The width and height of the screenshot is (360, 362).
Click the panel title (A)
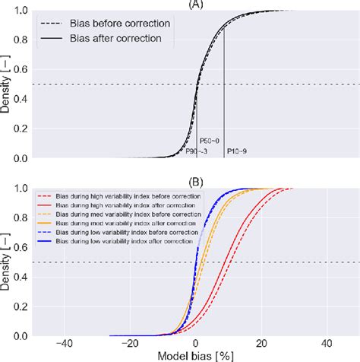(197, 4)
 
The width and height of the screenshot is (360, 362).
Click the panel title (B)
(197, 181)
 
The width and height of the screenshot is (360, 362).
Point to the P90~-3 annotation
(197, 152)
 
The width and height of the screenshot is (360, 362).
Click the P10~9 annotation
(236, 152)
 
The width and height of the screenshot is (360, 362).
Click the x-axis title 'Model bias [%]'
(196, 355)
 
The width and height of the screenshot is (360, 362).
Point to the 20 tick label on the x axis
(262, 343)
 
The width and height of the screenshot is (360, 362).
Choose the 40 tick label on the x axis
(327, 343)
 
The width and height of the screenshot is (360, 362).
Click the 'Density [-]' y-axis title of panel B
(7, 262)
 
